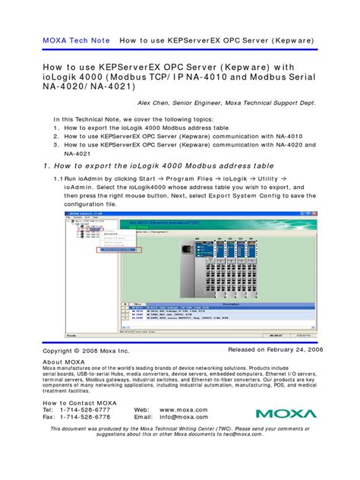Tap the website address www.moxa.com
tap(184, 409)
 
